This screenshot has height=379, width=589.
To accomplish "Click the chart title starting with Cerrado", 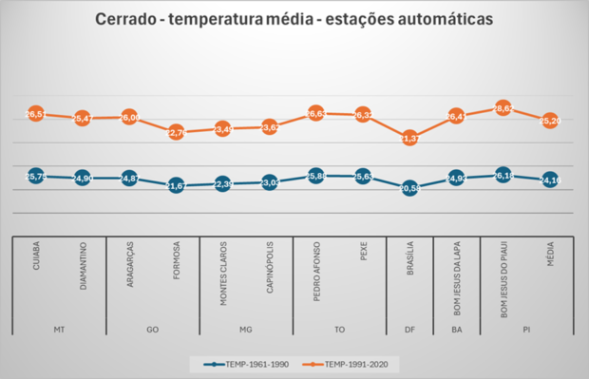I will pos(294,19).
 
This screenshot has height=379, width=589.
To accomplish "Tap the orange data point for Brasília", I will pos(409,138).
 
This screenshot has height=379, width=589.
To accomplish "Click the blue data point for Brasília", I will pos(409,188).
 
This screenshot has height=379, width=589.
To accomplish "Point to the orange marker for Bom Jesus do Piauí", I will pos(503,109).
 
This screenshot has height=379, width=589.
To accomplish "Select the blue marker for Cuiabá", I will pos(36,176).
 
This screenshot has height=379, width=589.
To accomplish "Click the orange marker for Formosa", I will pos(176,133).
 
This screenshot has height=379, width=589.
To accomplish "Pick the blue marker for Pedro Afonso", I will pos(316,176).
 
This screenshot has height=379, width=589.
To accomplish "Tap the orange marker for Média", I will pos(549,121).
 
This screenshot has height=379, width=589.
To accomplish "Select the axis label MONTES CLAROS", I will pos(222,276).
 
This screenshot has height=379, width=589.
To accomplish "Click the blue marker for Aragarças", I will pos(129,178).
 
